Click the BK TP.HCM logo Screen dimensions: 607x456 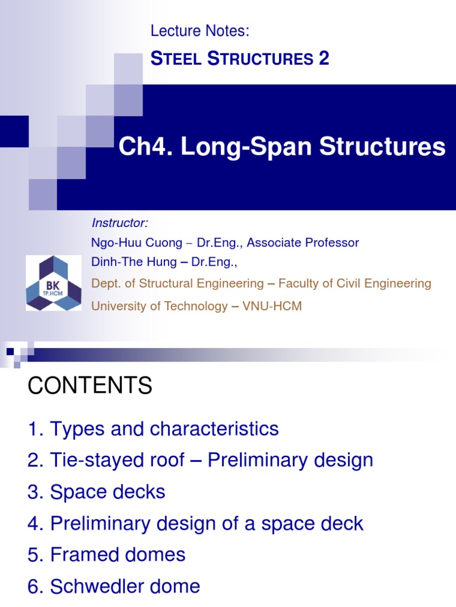[53, 283]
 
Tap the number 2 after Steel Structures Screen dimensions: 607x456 [324, 59]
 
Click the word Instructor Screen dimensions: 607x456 [119, 223]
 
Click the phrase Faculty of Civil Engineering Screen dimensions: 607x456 [355, 283]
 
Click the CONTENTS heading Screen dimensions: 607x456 [90, 386]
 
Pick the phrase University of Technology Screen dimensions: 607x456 [159, 306]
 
